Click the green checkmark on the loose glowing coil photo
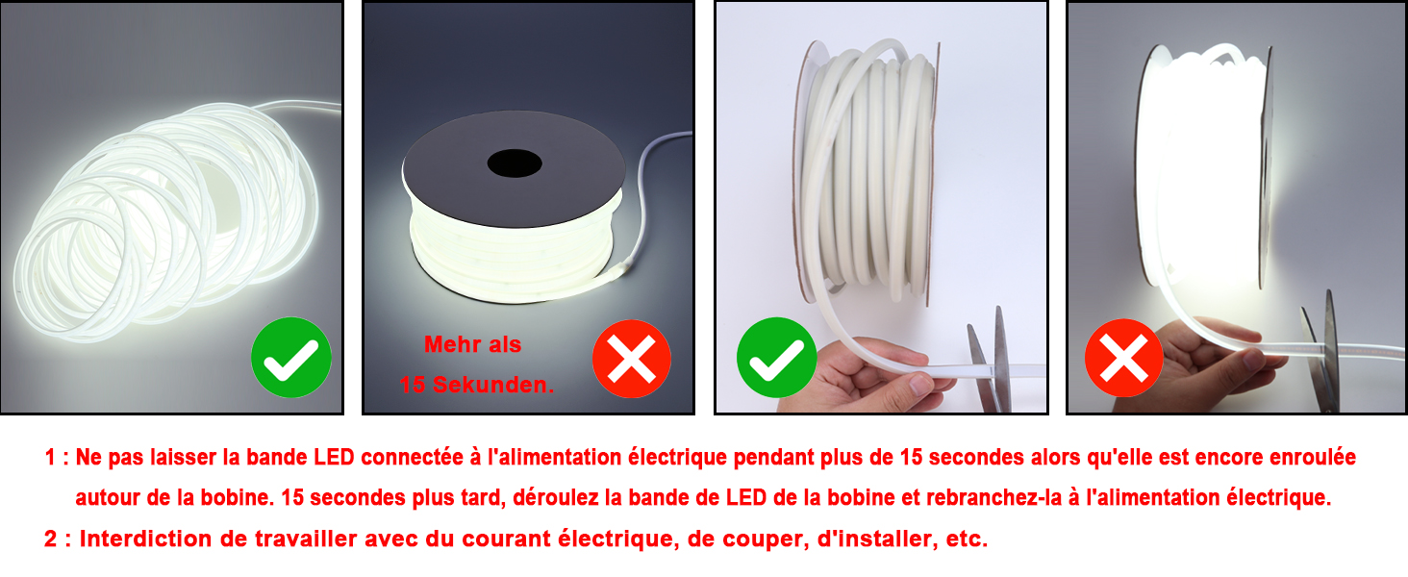(291, 357)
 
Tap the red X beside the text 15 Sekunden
(632, 359)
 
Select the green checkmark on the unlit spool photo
(776, 357)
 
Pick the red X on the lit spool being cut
(1124, 358)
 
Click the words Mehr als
(472, 344)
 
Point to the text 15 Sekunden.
(476, 385)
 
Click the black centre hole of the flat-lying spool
(515, 163)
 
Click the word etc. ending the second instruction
(967, 539)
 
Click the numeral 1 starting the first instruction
(50, 457)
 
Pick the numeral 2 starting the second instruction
(51, 539)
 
